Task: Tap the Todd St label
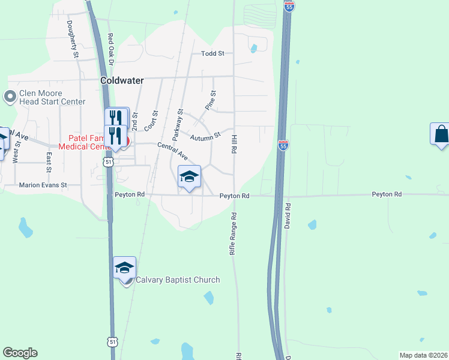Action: pos(212,53)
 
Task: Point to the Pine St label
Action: pos(210,100)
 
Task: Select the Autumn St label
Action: pos(206,137)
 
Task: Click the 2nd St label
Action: pos(135,122)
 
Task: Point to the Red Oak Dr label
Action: pos(111,48)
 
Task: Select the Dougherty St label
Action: pos(73,39)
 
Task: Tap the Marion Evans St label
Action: pos(43,185)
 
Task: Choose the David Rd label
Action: pos(289,214)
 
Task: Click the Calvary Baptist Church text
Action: pos(178,280)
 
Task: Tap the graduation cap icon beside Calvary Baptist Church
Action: pos(125,267)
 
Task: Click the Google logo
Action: pos(20,353)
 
